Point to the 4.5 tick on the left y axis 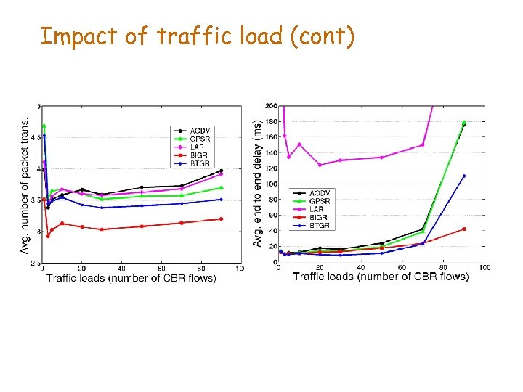(x=36, y=136)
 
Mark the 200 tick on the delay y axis (x=270, y=106)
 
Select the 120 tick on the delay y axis (x=270, y=168)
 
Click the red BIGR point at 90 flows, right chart (x=463, y=229)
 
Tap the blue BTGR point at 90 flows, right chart (x=463, y=176)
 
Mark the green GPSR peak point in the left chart (x=44, y=126)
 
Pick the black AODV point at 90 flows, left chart (x=221, y=171)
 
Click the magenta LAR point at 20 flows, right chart (x=320, y=165)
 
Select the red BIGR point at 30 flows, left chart (x=102, y=229)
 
